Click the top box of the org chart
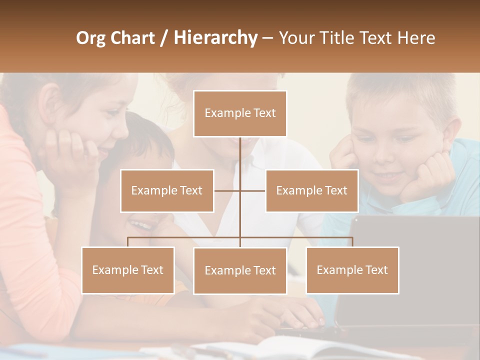click(240, 113)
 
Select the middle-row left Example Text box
click(167, 190)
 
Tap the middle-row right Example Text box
click(311, 190)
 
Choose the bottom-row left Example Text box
click(128, 270)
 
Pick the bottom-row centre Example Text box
click(240, 270)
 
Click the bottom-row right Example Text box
click(352, 270)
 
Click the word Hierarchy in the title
click(215, 38)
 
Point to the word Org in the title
click(91, 38)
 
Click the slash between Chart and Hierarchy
click(164, 38)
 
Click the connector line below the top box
click(240, 155)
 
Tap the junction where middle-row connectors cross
click(240, 190)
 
